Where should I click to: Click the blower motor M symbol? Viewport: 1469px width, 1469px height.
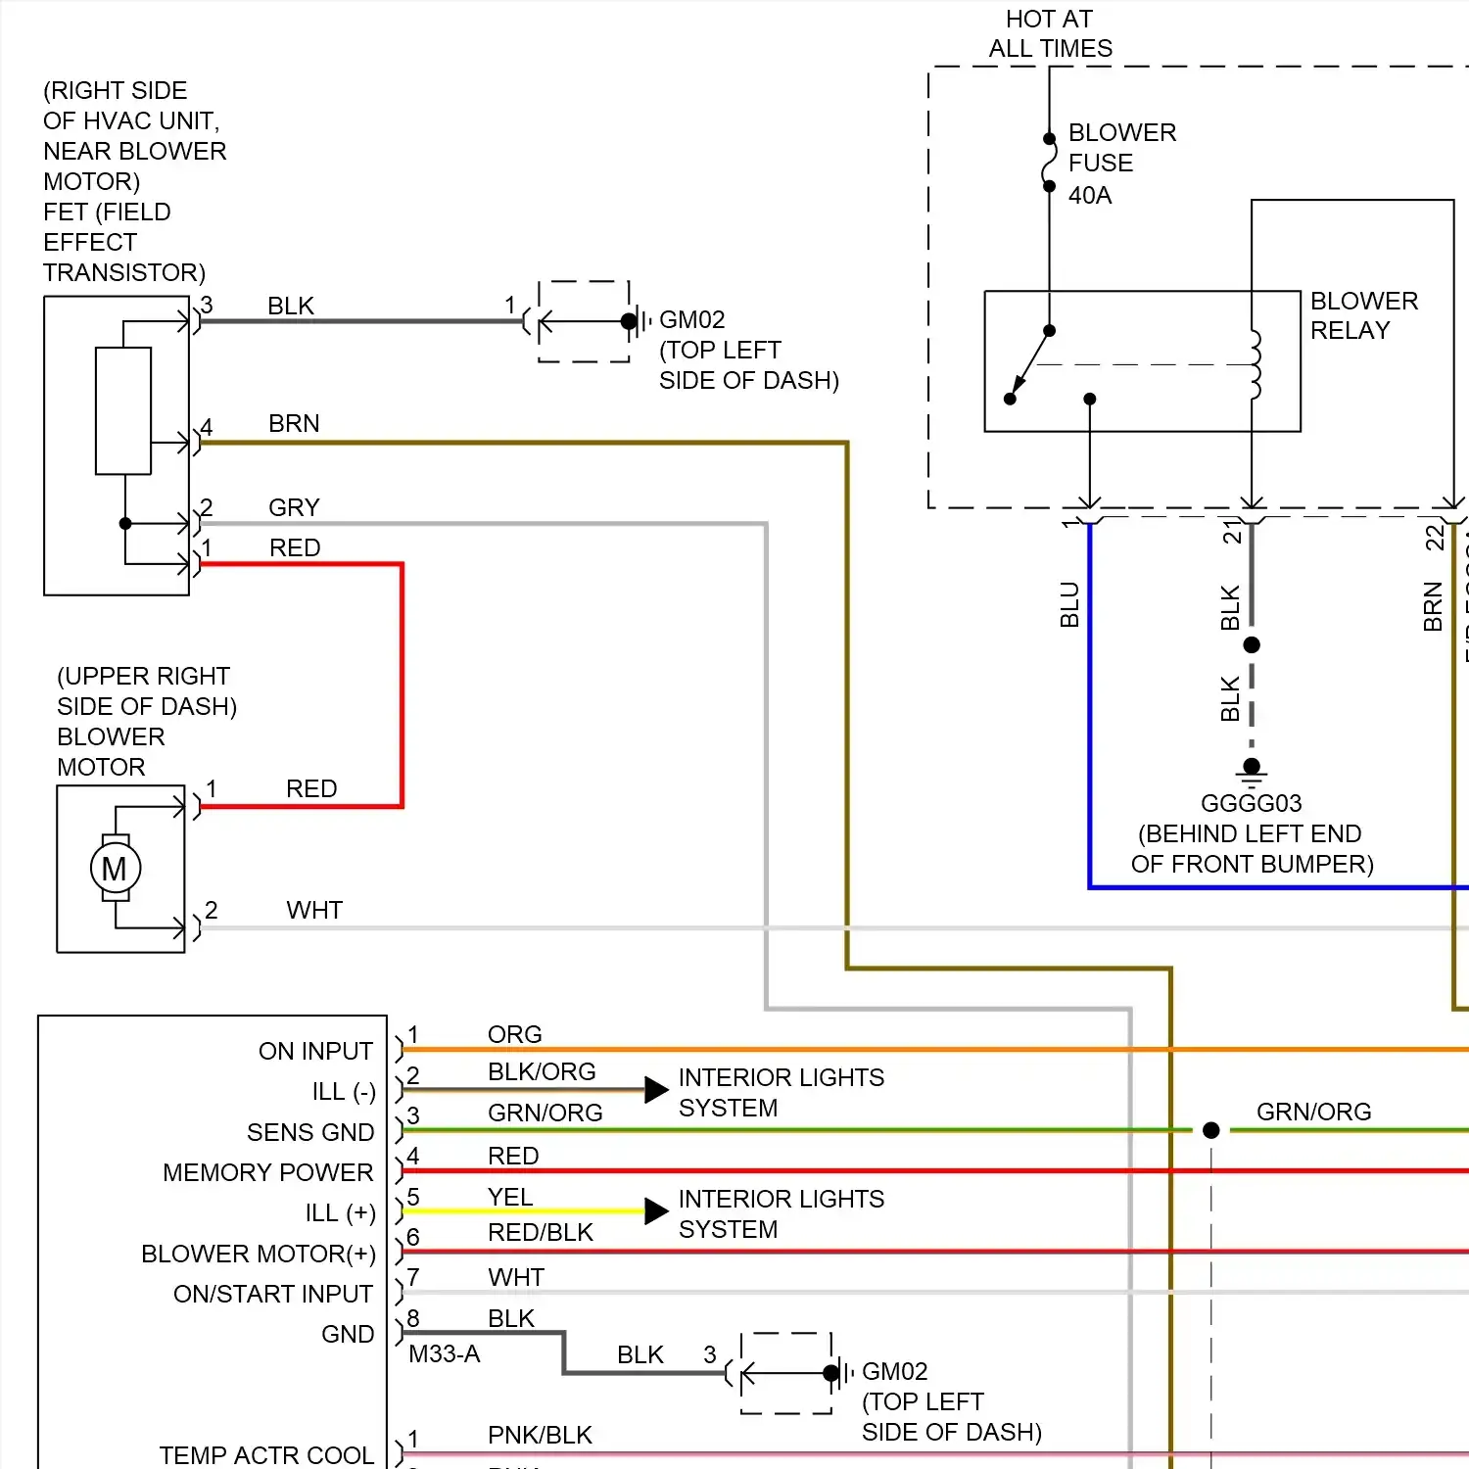tap(115, 869)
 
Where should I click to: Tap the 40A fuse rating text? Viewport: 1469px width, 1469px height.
tap(1090, 195)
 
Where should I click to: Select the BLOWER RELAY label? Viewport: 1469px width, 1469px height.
tap(1363, 315)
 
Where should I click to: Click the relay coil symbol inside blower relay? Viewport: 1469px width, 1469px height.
tap(1255, 364)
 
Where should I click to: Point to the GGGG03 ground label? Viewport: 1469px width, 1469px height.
tap(1251, 803)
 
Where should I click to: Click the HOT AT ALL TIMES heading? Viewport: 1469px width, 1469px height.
tap(1050, 33)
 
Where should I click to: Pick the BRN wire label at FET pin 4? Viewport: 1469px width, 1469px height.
tap(294, 423)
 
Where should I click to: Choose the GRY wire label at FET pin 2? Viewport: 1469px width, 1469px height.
tap(294, 507)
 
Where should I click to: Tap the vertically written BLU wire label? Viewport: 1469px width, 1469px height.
tap(1069, 604)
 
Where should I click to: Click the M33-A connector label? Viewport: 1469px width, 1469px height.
tap(444, 1353)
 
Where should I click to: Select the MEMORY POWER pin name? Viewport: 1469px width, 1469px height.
tap(267, 1172)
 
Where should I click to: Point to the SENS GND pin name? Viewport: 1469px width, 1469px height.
tap(309, 1132)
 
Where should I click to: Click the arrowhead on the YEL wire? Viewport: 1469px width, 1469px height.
tap(656, 1211)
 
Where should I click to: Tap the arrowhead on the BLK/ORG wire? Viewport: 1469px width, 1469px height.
tap(656, 1090)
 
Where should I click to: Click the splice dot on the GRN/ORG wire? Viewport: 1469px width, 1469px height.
tap(1210, 1130)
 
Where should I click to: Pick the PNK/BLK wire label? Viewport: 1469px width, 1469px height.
tap(540, 1435)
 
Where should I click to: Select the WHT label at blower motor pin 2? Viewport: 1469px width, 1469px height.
tap(314, 910)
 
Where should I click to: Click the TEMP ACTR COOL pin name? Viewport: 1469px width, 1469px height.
tap(266, 1455)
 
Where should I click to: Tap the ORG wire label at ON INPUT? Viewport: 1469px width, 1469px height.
tap(514, 1034)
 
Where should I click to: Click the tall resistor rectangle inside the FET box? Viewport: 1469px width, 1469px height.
tap(123, 411)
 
